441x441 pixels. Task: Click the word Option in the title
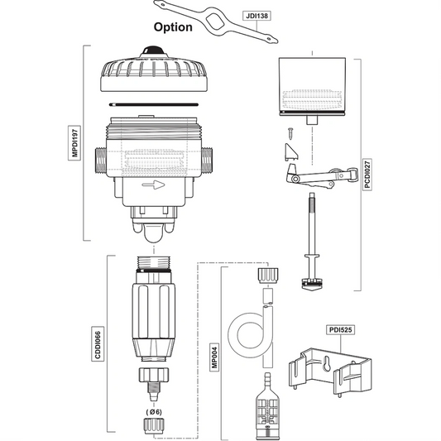[x=172, y=27]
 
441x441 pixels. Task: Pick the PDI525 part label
[x=338, y=329]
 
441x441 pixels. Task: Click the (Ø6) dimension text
[x=154, y=411]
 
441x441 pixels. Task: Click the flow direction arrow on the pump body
[x=154, y=186]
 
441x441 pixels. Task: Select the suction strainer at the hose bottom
[x=266, y=410]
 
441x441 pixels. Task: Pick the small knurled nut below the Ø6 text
[x=154, y=427]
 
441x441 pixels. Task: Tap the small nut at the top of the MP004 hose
[x=266, y=273]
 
